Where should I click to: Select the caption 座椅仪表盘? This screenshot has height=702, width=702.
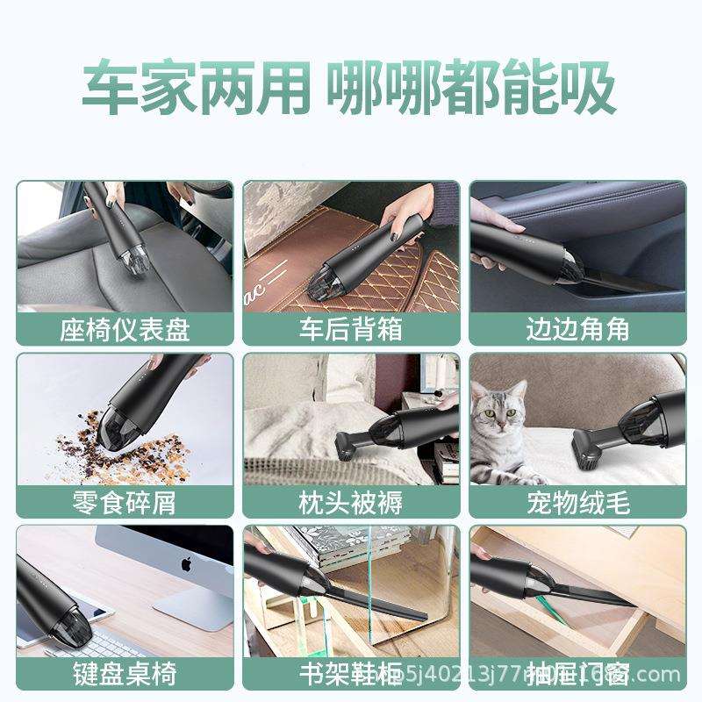pos(125,329)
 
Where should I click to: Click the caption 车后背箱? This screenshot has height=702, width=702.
pos(351,329)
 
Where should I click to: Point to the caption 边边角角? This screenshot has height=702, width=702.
pos(577,329)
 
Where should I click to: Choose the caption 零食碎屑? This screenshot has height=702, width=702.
pos(125,502)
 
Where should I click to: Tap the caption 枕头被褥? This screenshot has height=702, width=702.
pos(351,502)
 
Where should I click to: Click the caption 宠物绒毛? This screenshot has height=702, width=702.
pos(577,502)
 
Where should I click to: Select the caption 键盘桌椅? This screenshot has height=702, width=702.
pos(125,674)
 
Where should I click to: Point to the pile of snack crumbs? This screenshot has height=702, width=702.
pos(140,448)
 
